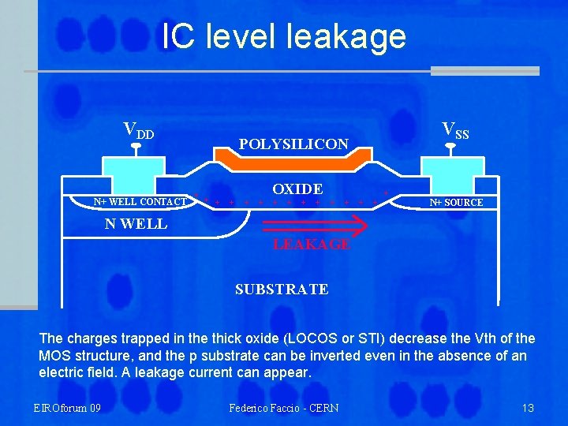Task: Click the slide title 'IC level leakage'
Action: pos(284,36)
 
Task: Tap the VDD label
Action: pos(139,129)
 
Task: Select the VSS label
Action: pos(455,130)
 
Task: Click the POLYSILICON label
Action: pos(293,144)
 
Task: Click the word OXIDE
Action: pos(297,189)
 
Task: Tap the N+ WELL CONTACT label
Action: pos(140,202)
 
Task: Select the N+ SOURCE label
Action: pos(456,203)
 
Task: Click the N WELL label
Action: pos(136,223)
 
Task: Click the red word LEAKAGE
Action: pos(312,245)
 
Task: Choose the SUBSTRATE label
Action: pos(282,290)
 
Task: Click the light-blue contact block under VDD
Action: pos(134,170)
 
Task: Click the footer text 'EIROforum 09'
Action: pos(67,408)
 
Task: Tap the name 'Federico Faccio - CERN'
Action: pos(284,408)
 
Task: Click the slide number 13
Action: pos(528,408)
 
